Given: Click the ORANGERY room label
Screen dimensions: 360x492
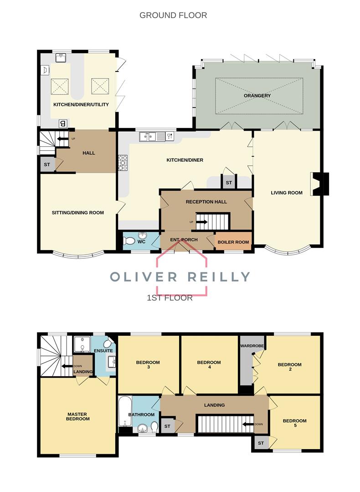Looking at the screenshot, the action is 257,95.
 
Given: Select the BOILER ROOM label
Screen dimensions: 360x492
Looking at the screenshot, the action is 233,242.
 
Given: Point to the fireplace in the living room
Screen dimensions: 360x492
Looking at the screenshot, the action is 319,184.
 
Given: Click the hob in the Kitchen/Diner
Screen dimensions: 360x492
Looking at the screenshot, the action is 123,163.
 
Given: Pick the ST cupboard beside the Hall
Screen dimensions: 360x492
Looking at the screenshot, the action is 47,164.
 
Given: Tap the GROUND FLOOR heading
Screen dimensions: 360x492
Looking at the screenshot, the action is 173,15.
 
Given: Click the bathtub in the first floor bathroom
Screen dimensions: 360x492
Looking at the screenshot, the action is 125,411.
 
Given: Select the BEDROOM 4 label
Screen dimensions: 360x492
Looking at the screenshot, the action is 209,364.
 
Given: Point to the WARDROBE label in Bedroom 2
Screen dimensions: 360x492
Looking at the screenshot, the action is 252,346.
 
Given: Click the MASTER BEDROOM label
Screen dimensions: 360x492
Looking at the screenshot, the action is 78,416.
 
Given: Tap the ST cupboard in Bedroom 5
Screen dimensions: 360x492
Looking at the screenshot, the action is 261,443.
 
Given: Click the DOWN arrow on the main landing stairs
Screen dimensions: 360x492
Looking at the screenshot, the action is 248,425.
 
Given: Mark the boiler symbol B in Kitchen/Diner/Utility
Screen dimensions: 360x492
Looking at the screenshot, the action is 63,123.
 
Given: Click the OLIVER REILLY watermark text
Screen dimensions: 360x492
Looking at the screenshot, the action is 180,277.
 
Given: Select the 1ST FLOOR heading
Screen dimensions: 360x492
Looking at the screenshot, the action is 170,298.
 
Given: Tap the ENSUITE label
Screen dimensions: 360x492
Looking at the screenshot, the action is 103,350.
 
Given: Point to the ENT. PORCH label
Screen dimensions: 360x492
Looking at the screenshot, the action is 184,240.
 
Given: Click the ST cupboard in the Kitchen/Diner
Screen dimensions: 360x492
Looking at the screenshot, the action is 229,183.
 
